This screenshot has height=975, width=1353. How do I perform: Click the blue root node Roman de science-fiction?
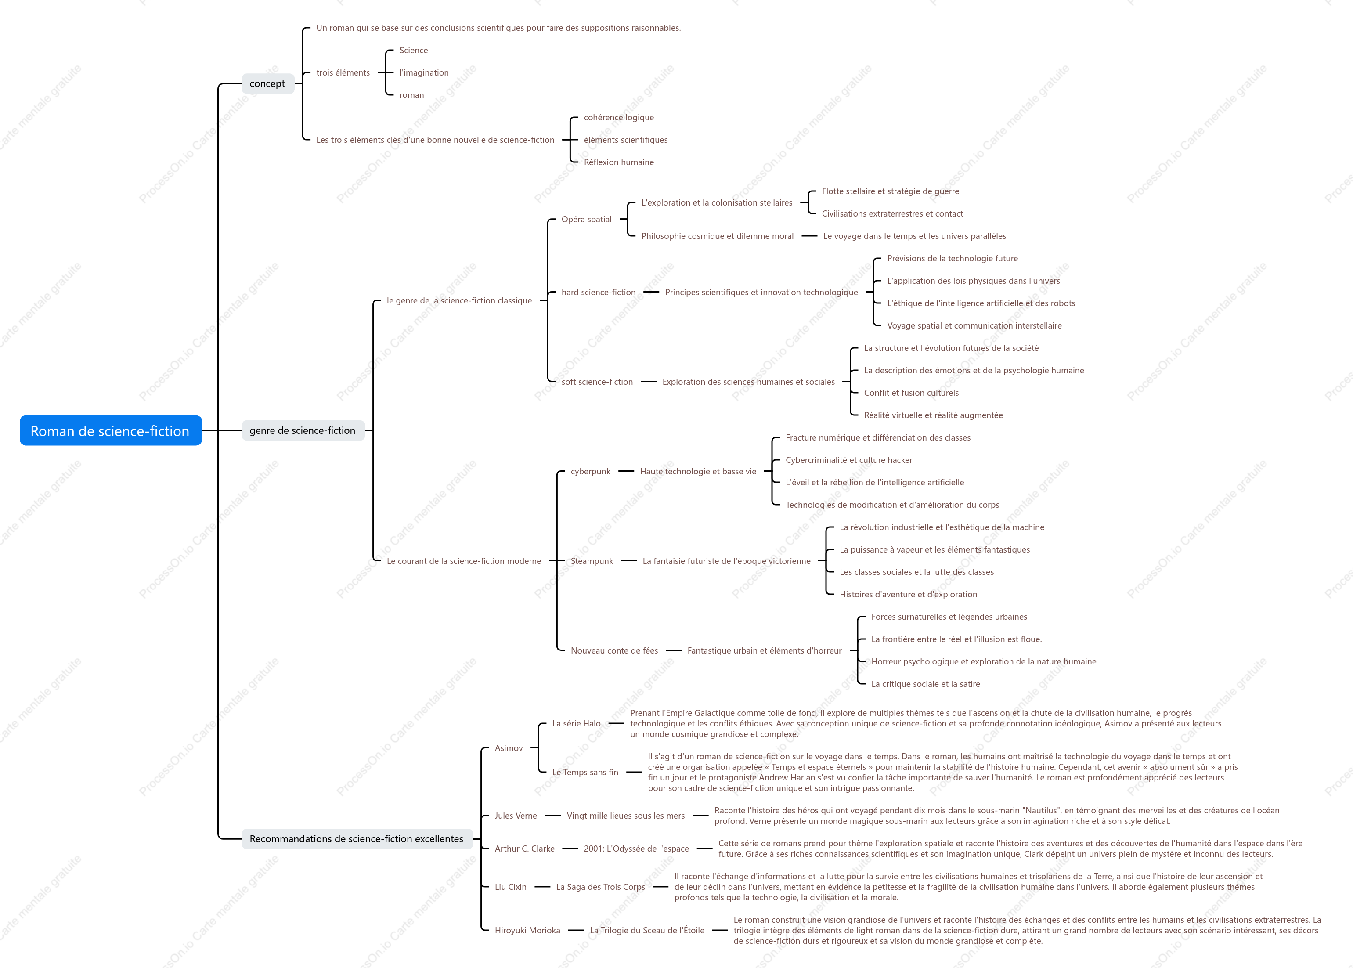(x=110, y=430)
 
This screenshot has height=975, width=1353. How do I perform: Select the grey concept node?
(x=267, y=83)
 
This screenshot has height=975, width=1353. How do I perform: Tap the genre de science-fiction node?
(x=303, y=430)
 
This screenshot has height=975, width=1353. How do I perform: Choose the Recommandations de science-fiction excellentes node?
(x=357, y=838)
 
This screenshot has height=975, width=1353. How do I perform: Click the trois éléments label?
(x=343, y=73)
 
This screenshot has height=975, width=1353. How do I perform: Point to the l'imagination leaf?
(x=424, y=73)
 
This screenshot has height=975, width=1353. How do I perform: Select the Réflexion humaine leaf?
(x=619, y=162)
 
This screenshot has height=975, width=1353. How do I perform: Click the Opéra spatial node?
(x=586, y=219)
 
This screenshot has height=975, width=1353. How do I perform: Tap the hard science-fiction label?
(x=599, y=292)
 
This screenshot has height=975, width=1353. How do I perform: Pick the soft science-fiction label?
(x=597, y=382)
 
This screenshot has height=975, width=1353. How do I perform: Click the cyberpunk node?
(x=591, y=471)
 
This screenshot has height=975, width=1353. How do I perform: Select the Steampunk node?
(x=592, y=561)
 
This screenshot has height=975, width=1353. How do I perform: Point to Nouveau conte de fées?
(x=614, y=650)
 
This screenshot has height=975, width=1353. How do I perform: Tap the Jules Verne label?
(x=516, y=816)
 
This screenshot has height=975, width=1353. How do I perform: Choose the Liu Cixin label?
(x=511, y=887)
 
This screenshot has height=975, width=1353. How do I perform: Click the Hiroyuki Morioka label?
(x=527, y=930)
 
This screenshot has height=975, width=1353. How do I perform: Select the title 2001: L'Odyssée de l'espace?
(x=636, y=849)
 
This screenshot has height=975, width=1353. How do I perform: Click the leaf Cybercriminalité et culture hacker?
(x=849, y=460)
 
